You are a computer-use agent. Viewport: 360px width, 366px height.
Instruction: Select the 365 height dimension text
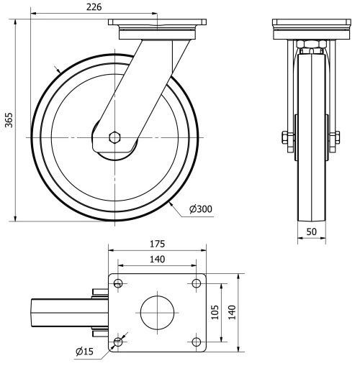point(9,120)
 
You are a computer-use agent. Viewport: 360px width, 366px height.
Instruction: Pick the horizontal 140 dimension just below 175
point(157,259)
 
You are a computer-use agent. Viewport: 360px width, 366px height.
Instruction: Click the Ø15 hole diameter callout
point(85,351)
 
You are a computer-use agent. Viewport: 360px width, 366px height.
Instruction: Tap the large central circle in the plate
point(157,313)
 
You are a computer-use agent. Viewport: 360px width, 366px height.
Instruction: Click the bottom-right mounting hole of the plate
point(196,342)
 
